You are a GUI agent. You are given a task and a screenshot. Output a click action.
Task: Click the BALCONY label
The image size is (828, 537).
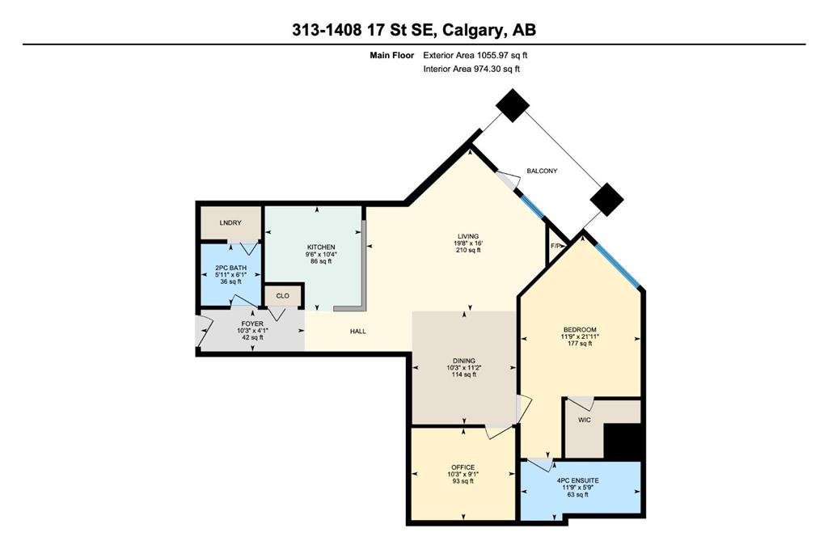(542, 171)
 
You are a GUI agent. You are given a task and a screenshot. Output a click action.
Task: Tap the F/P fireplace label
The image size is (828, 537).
(556, 246)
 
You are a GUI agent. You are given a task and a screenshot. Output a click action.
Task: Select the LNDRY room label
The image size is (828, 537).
(230, 223)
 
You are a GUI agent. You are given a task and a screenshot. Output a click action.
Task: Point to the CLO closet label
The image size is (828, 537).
(282, 296)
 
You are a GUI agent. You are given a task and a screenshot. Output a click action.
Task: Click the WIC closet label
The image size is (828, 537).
(584, 421)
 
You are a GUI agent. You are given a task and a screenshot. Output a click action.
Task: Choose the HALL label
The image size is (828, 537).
(358, 332)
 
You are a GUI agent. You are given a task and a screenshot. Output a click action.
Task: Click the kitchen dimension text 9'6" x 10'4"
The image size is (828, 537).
(321, 254)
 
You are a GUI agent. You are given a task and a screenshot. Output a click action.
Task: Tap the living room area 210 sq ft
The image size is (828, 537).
(468, 250)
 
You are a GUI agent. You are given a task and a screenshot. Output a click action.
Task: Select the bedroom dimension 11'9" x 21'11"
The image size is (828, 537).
(579, 336)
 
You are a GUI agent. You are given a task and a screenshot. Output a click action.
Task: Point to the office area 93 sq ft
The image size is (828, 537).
(463, 481)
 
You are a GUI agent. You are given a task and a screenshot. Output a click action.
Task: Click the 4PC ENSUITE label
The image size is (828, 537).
(577, 481)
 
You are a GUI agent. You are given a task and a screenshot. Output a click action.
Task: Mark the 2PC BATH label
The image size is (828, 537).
(230, 268)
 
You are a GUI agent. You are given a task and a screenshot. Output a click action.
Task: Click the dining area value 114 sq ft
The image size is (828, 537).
(463, 374)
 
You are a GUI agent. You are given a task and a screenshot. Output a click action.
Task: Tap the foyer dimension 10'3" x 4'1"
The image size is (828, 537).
(252, 331)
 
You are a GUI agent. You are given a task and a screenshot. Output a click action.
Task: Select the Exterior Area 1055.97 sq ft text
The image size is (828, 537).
(475, 55)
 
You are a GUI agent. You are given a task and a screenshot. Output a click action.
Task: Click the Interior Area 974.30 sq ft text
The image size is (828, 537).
(471, 69)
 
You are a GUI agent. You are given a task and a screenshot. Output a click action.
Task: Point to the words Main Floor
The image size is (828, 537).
(392, 55)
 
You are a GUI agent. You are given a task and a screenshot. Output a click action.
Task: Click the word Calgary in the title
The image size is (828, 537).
(471, 30)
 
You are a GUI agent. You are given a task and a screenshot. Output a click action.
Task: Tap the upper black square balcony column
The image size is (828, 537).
(512, 106)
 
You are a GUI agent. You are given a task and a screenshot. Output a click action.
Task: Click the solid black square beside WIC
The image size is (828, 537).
(623, 442)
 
